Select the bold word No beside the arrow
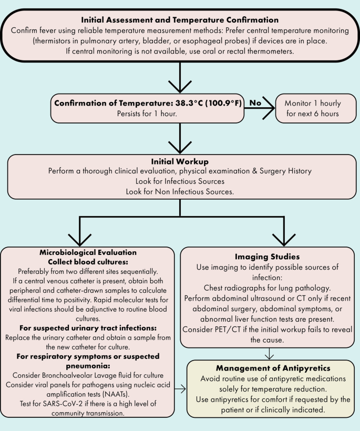(x=255, y=103)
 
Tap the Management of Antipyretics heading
(x=270, y=367)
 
